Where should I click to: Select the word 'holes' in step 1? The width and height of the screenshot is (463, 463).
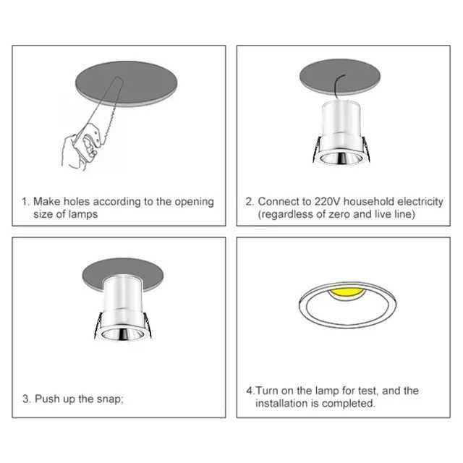[80, 201]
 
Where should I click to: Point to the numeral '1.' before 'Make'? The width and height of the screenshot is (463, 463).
[25, 201]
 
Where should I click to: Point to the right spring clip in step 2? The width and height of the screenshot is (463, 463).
[369, 150]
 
